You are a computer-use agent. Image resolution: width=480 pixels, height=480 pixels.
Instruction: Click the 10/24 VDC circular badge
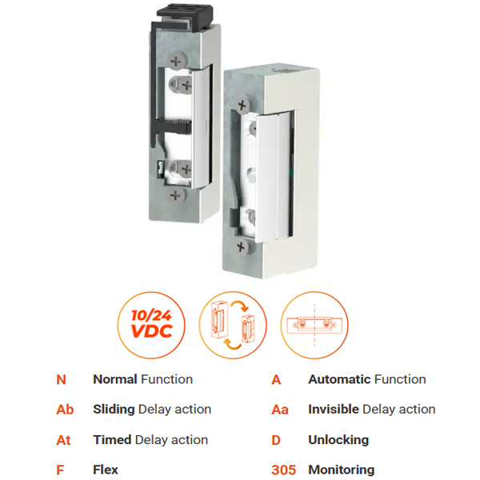(151, 325)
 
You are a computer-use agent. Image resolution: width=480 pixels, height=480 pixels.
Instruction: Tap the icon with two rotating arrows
(233, 325)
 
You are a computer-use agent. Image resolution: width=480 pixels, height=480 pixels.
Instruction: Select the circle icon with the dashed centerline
(314, 325)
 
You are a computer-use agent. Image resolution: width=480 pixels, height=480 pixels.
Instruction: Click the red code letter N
(62, 379)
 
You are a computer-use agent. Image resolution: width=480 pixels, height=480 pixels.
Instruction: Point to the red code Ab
(65, 410)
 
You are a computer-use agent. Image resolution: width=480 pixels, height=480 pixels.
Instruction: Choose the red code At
(63, 440)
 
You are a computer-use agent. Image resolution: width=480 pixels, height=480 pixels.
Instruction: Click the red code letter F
(60, 470)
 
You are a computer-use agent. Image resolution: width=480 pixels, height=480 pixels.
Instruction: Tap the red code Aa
(280, 410)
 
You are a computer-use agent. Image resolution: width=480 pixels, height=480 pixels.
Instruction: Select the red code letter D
(276, 440)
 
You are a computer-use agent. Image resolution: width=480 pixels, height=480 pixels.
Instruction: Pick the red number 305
(284, 470)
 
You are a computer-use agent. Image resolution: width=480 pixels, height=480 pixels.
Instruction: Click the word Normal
(115, 379)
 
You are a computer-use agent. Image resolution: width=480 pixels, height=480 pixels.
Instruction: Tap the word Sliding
(114, 410)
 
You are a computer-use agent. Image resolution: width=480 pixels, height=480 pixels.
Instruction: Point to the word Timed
(112, 439)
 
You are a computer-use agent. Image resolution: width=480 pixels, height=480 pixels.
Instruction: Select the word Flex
(106, 470)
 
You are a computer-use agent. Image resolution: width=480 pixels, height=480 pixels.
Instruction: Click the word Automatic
(340, 379)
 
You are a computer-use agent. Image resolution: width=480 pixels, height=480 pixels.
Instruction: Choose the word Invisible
(334, 410)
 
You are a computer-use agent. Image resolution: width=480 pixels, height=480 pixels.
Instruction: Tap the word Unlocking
(338, 440)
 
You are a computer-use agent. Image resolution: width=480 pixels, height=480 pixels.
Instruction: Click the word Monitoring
(342, 470)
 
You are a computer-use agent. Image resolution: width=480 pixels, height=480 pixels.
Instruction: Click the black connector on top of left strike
(185, 16)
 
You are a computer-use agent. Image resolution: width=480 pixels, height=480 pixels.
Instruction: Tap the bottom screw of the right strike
(242, 246)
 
